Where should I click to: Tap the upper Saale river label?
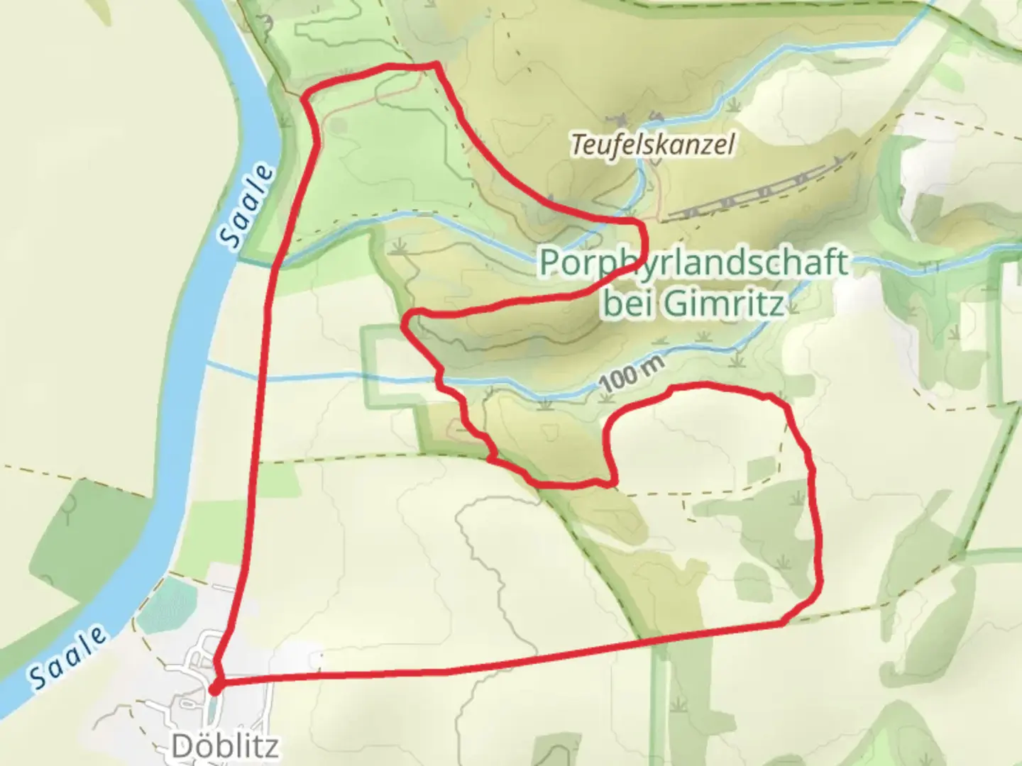click(x=246, y=206)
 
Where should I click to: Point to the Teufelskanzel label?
click(x=652, y=145)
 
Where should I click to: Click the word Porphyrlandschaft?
click(x=693, y=263)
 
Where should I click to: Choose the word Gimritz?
click(x=723, y=304)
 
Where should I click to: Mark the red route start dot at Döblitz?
click(x=216, y=687)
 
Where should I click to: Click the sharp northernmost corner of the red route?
click(x=435, y=65)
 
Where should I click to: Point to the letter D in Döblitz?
click(x=182, y=746)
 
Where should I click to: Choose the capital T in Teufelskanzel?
click(x=577, y=145)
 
